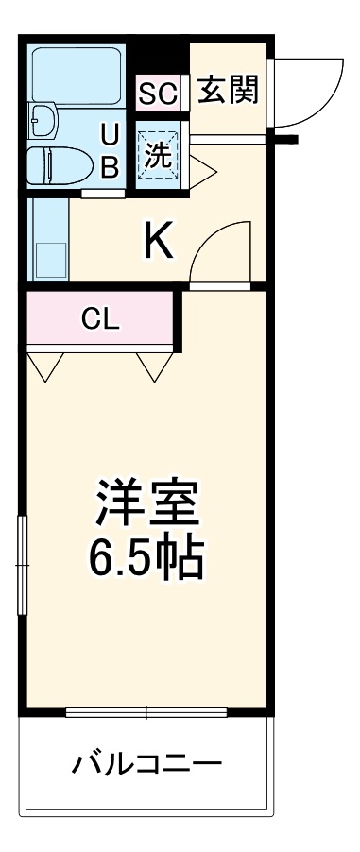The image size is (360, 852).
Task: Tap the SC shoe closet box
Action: pyautogui.click(x=158, y=94)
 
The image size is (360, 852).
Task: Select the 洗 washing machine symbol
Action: pyautogui.click(x=158, y=154)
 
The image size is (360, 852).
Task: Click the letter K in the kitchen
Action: pyautogui.click(x=158, y=243)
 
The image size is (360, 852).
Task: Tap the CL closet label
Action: pyautogui.click(x=99, y=319)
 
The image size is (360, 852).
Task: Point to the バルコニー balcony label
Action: pyautogui.click(x=146, y=761)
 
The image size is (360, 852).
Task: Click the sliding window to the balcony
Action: pyautogui.click(x=147, y=710)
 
